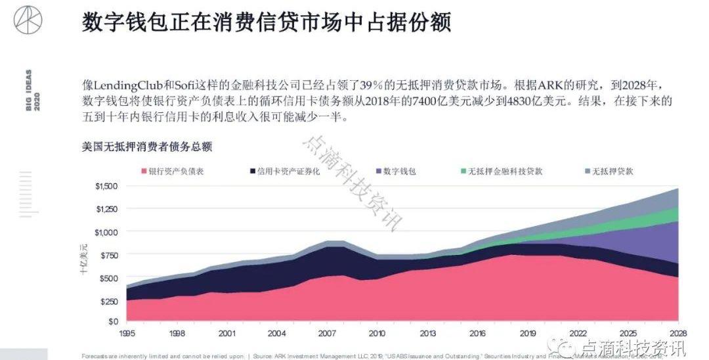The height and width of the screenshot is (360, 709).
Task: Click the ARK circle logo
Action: pyautogui.click(x=28, y=19)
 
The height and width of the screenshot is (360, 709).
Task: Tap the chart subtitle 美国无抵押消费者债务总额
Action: pyautogui.click(x=146, y=146)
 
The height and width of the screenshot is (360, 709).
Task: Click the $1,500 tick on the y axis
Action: pyautogui.click(x=107, y=187)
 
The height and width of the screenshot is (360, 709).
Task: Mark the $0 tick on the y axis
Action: pyautogui.click(x=113, y=321)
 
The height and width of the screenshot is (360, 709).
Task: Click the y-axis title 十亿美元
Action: pyautogui.click(x=83, y=257)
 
